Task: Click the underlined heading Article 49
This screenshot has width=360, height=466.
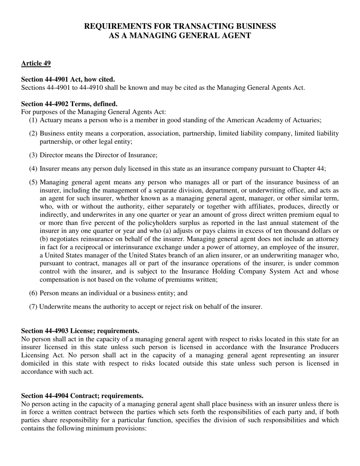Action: click(x=36, y=63)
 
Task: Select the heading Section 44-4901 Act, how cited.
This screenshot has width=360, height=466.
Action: click(x=68, y=79)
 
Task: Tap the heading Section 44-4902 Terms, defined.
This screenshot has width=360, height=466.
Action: click(x=69, y=104)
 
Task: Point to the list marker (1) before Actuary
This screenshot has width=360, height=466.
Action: click(x=33, y=120)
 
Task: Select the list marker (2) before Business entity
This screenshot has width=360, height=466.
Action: click(x=33, y=133)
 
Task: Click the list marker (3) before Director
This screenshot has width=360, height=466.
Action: click(x=33, y=155)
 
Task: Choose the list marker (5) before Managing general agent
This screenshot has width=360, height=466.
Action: click(x=33, y=182)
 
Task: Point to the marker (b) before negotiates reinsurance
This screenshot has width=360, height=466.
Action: click(x=44, y=239)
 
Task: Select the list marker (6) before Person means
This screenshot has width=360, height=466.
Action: click(x=33, y=293)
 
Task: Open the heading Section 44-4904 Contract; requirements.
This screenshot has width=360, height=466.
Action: click(x=82, y=396)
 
